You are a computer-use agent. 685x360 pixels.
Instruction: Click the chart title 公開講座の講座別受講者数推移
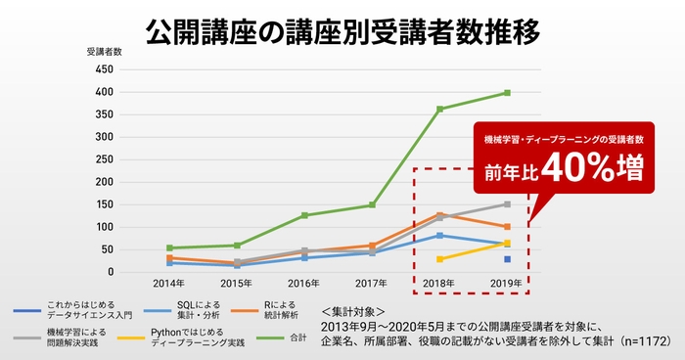tap(342, 30)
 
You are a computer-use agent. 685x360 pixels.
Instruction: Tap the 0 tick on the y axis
tap(111, 272)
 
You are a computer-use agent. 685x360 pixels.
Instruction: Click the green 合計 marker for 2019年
tap(507, 93)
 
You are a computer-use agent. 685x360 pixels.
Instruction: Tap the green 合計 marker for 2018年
tap(440, 109)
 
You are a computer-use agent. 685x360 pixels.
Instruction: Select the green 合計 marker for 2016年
tap(305, 215)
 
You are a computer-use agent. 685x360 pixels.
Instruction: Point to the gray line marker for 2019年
tap(507, 204)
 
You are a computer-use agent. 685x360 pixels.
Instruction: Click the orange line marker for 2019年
tap(507, 227)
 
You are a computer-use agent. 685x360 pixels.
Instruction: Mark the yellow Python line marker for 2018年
tap(440, 259)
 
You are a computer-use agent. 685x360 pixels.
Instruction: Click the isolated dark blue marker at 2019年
tap(507, 259)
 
